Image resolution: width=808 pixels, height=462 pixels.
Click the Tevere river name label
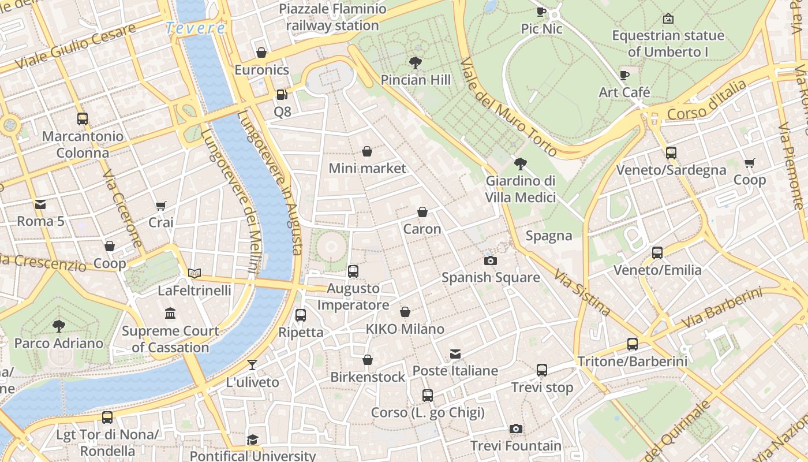click(x=195, y=28)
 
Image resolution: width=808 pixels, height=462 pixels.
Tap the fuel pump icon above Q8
click(x=282, y=94)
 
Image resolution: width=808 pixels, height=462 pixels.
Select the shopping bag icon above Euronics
click(x=261, y=53)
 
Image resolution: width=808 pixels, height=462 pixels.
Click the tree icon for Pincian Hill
click(x=415, y=62)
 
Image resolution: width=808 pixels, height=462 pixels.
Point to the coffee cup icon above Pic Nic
click(x=541, y=12)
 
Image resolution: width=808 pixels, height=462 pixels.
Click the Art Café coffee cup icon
click(x=624, y=75)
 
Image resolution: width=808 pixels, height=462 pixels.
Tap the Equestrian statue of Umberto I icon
click(x=668, y=18)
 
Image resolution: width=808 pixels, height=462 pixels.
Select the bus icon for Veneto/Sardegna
click(x=671, y=153)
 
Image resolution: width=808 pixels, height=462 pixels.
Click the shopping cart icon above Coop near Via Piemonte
click(x=749, y=163)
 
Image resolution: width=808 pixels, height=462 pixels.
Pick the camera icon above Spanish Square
click(x=491, y=260)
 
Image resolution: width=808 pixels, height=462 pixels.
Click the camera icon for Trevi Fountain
click(x=516, y=429)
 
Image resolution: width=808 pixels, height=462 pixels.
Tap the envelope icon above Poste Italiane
click(x=455, y=353)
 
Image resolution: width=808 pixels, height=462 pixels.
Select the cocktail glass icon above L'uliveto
click(x=252, y=365)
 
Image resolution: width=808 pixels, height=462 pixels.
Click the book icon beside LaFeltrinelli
click(x=194, y=273)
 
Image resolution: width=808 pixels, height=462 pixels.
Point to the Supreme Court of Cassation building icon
click(x=170, y=314)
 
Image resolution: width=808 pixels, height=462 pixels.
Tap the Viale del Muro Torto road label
click(x=508, y=107)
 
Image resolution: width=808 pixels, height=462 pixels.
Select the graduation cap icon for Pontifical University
click(x=252, y=440)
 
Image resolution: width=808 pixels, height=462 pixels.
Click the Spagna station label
click(x=549, y=236)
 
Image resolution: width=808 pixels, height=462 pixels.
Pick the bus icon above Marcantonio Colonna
click(x=83, y=119)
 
